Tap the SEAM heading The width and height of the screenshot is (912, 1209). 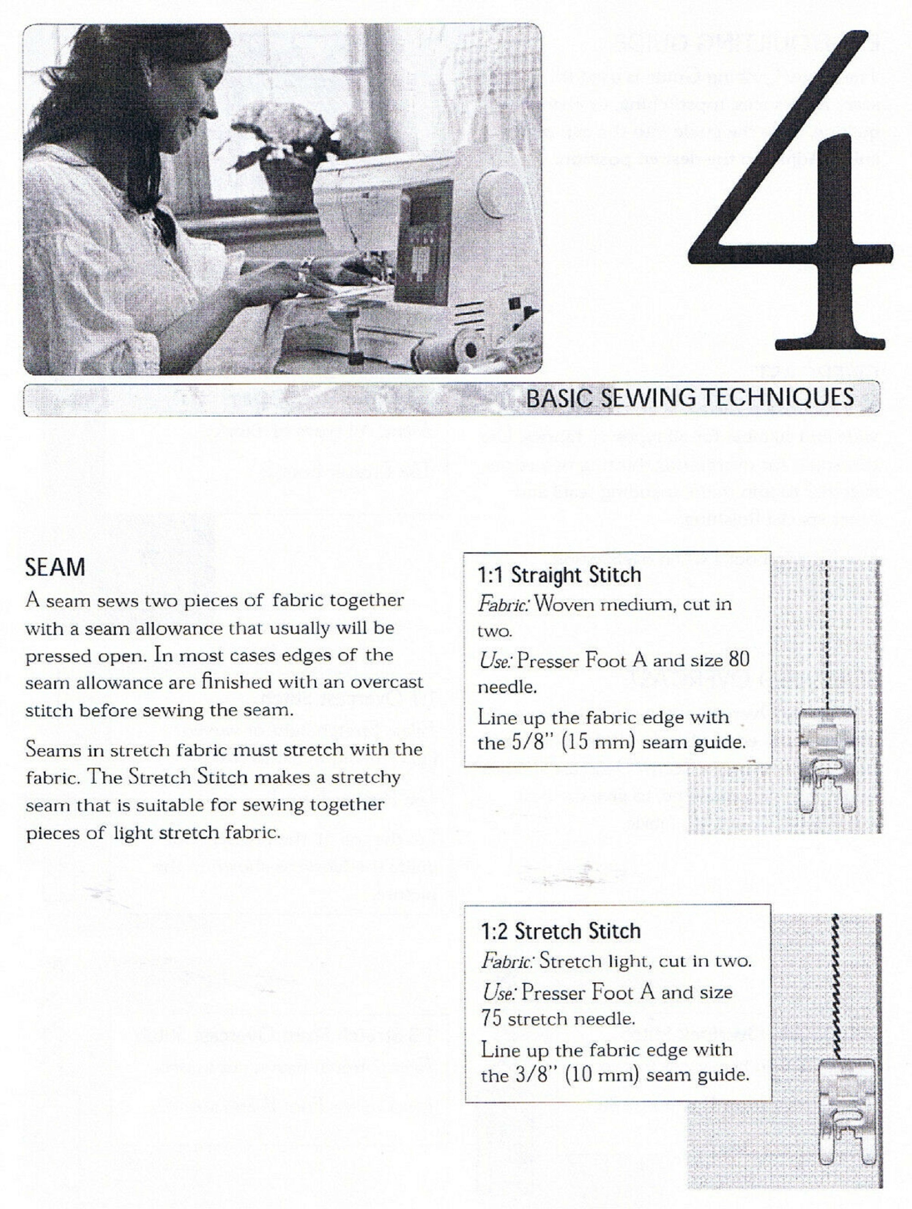[55, 567]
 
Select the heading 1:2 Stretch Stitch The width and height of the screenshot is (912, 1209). [561, 931]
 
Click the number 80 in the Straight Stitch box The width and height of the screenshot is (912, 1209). [739, 660]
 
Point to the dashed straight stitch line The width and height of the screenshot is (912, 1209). [827, 628]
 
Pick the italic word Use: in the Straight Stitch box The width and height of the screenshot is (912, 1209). [495, 661]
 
